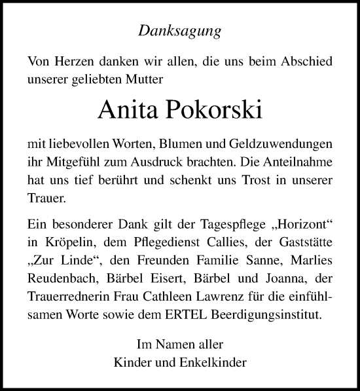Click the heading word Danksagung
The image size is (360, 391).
pyautogui.click(x=179, y=30)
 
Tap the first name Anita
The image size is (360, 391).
pyautogui.click(x=127, y=109)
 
